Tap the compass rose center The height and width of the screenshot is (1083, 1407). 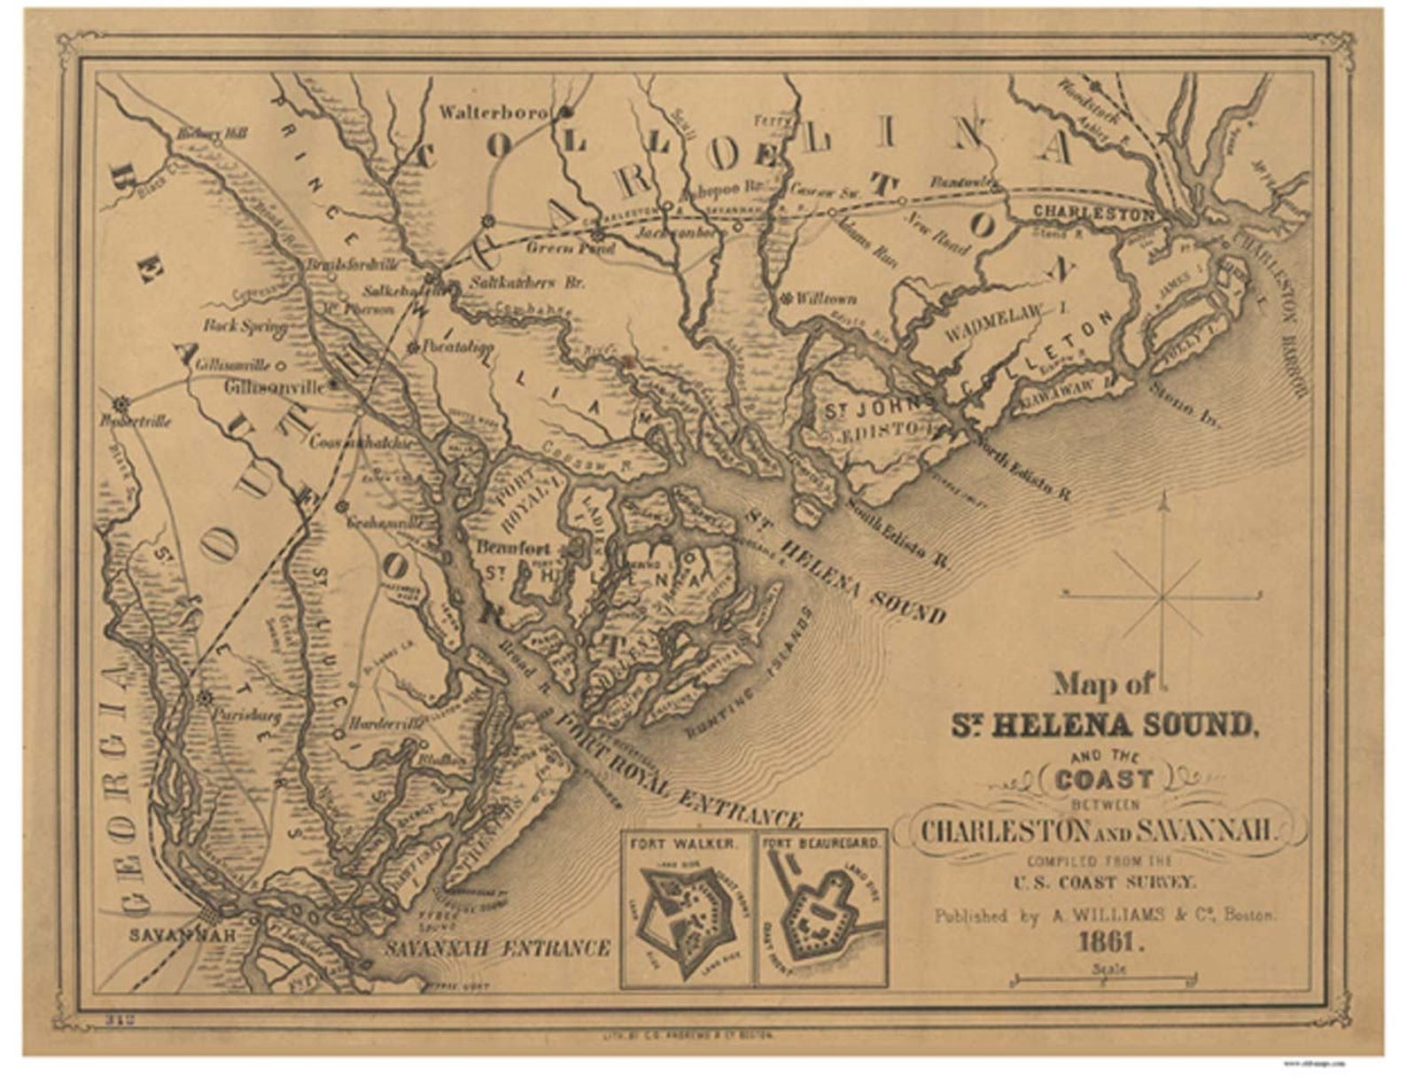1162,597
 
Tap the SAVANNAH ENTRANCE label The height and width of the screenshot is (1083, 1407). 497,948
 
